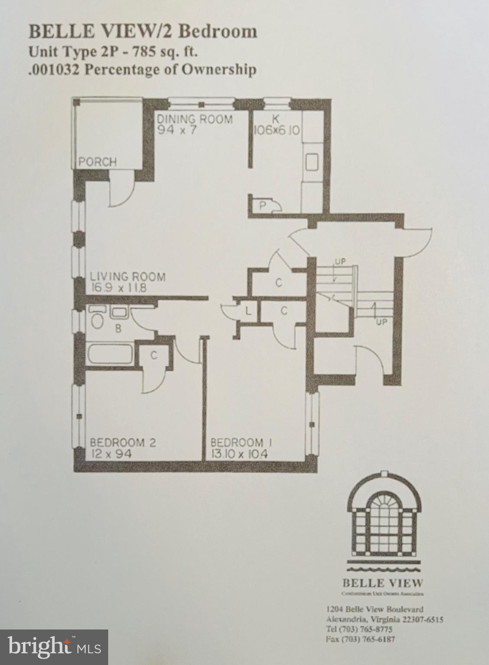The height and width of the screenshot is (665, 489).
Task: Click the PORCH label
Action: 98,162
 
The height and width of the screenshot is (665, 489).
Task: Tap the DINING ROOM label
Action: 194,119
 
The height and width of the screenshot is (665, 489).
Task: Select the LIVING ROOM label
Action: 127,276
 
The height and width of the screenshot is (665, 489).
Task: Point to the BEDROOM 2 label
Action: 123,442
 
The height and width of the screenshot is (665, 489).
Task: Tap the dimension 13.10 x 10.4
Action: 239,454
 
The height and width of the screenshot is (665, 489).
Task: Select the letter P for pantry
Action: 262,205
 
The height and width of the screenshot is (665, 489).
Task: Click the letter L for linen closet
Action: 248,310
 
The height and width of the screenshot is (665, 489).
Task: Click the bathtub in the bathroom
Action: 110,354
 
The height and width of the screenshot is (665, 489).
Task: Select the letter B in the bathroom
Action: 118,329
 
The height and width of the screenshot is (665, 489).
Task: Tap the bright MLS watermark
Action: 55,647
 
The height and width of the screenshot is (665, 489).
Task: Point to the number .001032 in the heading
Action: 54,69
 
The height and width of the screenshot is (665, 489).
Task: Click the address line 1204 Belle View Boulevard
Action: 374,609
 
